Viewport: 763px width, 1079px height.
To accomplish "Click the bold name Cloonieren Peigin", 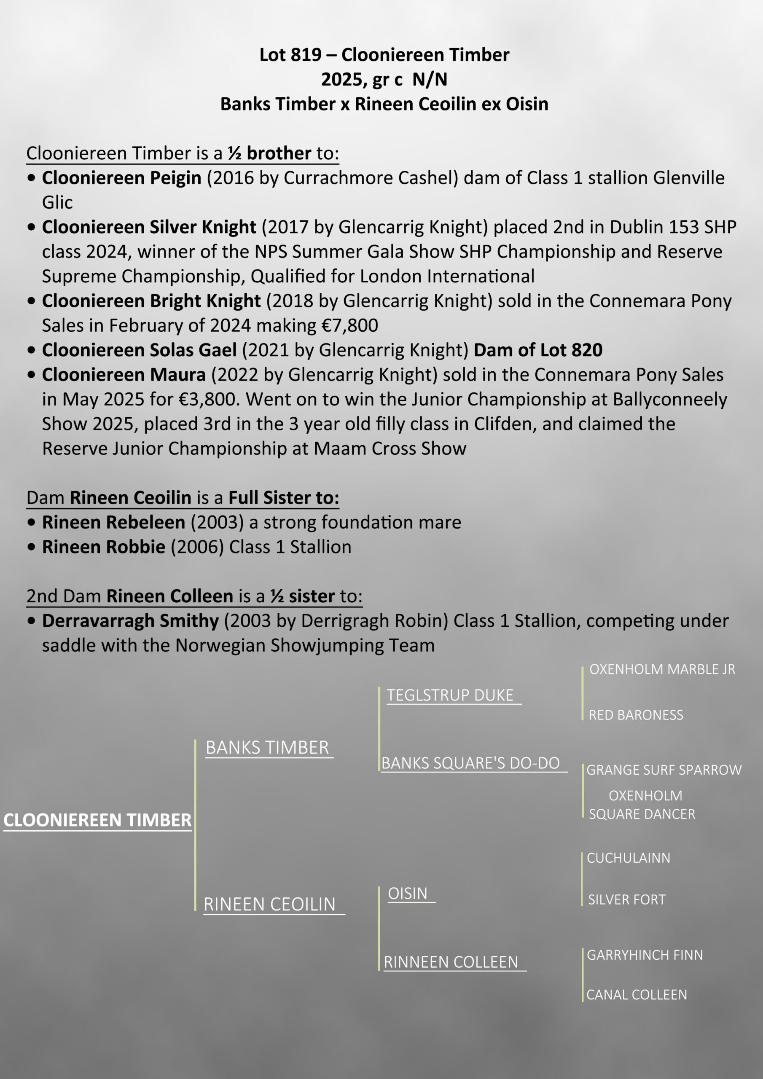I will pyautogui.click(x=122, y=177).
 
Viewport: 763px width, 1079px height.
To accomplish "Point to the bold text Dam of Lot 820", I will pyautogui.click(x=538, y=350).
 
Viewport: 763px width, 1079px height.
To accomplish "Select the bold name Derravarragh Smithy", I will pyautogui.click(x=130, y=620).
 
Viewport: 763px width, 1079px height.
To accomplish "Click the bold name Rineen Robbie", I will pyautogui.click(x=103, y=547).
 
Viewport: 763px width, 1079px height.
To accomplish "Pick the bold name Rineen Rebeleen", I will pyautogui.click(x=113, y=522).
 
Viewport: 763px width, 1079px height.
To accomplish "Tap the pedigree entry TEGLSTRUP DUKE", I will pyautogui.click(x=450, y=695).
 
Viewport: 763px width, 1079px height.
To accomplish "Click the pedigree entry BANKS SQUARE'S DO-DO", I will pyautogui.click(x=470, y=763).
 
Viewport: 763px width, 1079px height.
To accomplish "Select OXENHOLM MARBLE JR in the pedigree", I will pyautogui.click(x=662, y=669).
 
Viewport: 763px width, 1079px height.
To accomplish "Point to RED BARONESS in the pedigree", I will pyautogui.click(x=636, y=715).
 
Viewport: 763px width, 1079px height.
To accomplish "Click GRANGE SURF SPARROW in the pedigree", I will pyautogui.click(x=664, y=770).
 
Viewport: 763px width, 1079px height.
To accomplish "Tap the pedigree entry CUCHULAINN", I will pyautogui.click(x=629, y=858).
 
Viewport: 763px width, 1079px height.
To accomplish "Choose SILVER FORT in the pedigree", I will pyautogui.click(x=627, y=899).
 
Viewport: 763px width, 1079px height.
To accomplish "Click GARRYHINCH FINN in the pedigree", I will pyautogui.click(x=645, y=955).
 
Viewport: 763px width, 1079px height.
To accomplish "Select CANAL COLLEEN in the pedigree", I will pyautogui.click(x=637, y=994).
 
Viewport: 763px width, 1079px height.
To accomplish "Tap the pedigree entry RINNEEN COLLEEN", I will pyautogui.click(x=450, y=962).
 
